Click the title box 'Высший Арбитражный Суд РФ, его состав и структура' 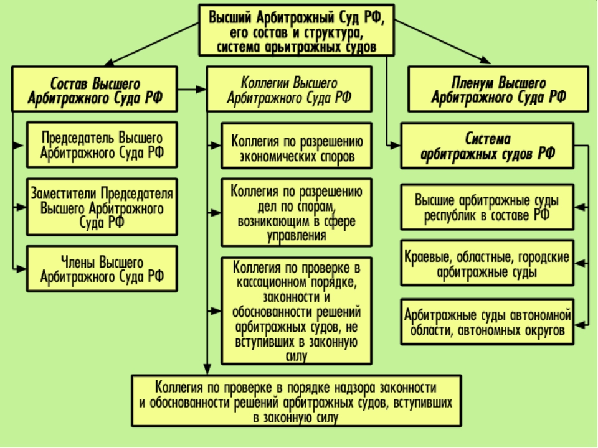point(297,30)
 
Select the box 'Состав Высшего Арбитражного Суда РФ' point(95,89)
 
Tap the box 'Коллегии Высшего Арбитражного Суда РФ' point(289,89)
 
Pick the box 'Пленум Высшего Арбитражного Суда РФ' point(498,89)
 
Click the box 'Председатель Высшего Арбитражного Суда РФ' point(102,145)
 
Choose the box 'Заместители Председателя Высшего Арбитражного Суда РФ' point(102,207)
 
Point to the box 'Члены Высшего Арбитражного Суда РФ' point(102,269)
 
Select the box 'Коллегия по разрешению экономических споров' point(297,146)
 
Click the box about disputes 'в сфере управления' point(297,213)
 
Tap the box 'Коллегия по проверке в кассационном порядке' point(297,311)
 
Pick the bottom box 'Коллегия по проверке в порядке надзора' point(297,401)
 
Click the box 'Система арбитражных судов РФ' point(487,146)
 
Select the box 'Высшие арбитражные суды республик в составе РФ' point(487,207)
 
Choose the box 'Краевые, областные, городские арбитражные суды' point(487,263)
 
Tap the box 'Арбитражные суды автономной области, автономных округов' point(487,322)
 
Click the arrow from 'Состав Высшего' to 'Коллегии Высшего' point(192,90)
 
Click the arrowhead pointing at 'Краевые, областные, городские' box point(580,263)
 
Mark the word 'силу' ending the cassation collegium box point(297,356)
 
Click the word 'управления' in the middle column point(297,236)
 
